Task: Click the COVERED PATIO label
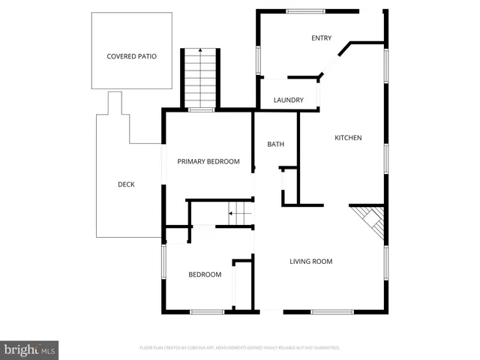click(x=131, y=56)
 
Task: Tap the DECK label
click(x=126, y=184)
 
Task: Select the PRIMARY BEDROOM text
click(x=208, y=161)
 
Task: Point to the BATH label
click(x=275, y=144)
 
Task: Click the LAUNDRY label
click(x=288, y=100)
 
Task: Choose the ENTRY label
click(x=322, y=38)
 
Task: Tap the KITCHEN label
click(x=348, y=137)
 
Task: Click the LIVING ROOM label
click(x=311, y=262)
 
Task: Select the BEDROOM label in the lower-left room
click(x=205, y=274)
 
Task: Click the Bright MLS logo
click(x=30, y=349)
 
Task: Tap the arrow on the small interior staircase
click(x=231, y=214)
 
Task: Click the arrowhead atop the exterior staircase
click(x=200, y=49)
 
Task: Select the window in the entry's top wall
click(x=306, y=10)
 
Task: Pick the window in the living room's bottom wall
click(x=333, y=312)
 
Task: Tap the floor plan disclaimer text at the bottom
click(x=240, y=348)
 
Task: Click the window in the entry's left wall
click(x=258, y=58)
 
